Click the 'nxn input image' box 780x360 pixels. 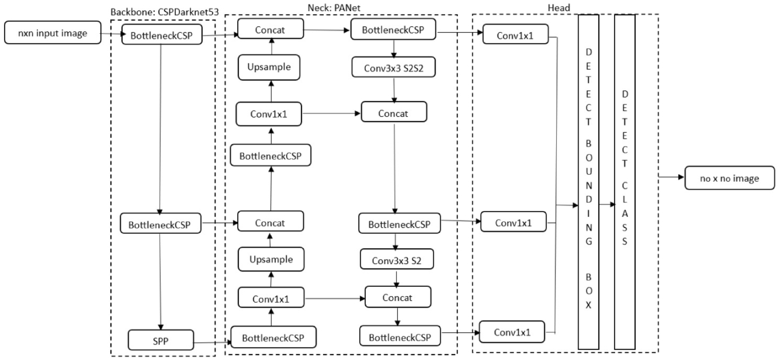pyautogui.click(x=53, y=33)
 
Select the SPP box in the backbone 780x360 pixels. pyautogui.click(x=161, y=340)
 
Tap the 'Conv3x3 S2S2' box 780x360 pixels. pyautogui.click(x=393, y=68)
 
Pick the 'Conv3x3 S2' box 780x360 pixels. pyautogui.click(x=396, y=260)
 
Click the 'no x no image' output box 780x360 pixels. pyautogui.click(x=729, y=178)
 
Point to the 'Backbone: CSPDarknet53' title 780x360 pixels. pyautogui.click(x=164, y=12)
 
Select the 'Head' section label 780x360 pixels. pyautogui.click(x=559, y=8)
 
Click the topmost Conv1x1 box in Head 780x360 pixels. pyautogui.click(x=515, y=35)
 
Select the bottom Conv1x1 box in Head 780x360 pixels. pyautogui.click(x=512, y=332)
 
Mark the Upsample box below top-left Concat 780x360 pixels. pyautogui.click(x=269, y=67)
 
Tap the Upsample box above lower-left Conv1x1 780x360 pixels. pyautogui.click(x=271, y=259)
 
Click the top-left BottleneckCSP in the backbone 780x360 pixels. pyautogui.click(x=161, y=35)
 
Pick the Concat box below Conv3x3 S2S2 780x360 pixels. pyautogui.click(x=393, y=113)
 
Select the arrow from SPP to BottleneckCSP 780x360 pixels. pyautogui.click(x=212, y=342)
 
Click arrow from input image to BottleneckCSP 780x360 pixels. pyautogui.click(x=112, y=33)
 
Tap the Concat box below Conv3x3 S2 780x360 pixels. pyautogui.click(x=397, y=297)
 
